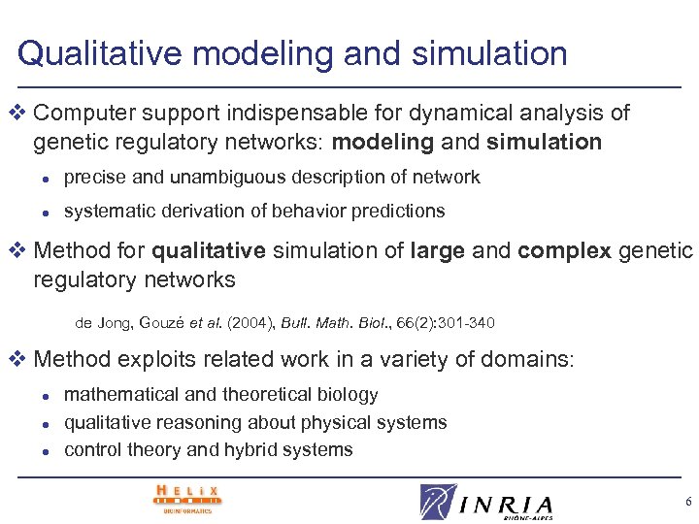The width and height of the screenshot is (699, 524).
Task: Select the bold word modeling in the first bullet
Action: click(x=383, y=143)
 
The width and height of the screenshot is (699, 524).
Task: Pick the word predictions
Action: click(x=395, y=211)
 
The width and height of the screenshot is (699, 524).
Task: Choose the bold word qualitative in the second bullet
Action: click(x=208, y=251)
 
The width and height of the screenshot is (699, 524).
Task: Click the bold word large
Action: click(x=438, y=251)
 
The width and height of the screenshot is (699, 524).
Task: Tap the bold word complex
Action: click(x=565, y=251)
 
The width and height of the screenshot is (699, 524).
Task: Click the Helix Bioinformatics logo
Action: click(x=186, y=498)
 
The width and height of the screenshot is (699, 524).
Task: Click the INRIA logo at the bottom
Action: click(x=487, y=503)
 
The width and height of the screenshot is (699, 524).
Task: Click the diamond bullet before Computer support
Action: click(x=21, y=114)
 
